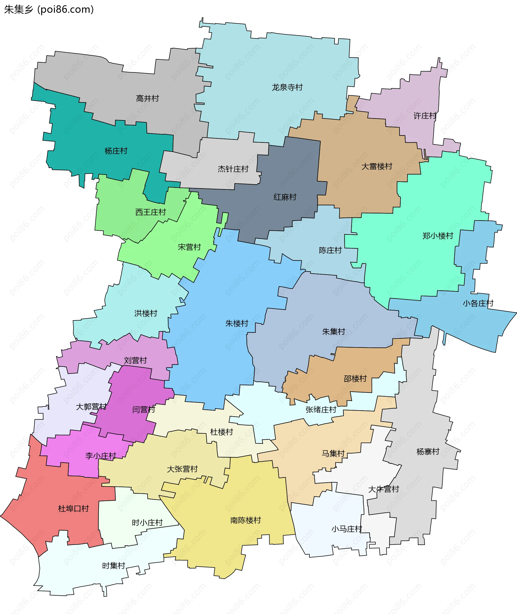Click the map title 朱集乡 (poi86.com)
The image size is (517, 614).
49,10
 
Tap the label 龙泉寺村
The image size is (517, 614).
287,87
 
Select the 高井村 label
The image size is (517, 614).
147,98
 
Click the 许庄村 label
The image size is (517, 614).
425,116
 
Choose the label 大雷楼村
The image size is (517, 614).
377,166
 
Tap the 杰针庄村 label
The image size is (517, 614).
233,169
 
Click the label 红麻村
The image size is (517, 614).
285,197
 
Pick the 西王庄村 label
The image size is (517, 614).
150,212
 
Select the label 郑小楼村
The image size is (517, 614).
438,236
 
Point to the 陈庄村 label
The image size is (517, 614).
330,250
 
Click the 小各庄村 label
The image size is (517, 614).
478,303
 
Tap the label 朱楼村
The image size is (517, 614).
236,323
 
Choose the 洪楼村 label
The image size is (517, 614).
146,313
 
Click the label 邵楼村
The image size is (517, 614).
355,378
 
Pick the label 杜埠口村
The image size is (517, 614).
73,508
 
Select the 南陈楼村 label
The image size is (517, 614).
245,520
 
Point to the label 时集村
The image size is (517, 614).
113,565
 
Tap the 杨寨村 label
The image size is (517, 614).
428,451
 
